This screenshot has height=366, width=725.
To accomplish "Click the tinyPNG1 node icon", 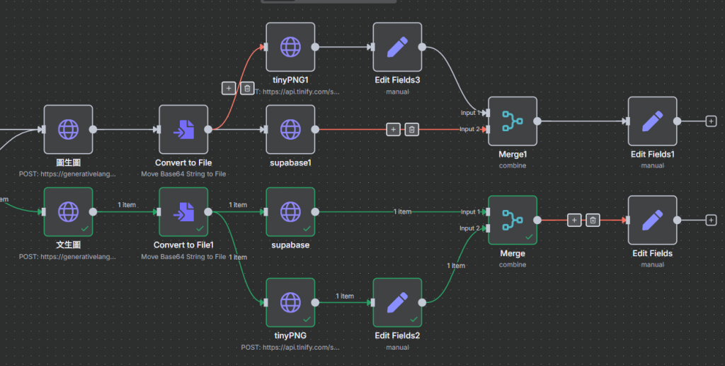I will point(290,47).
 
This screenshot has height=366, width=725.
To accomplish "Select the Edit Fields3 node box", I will point(397,47).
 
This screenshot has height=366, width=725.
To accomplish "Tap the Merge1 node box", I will point(513,121).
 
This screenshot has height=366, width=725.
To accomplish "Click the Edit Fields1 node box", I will point(652,121).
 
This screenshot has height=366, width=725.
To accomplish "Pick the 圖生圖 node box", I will point(68,129).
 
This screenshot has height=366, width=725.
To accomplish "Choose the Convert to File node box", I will point(183,129).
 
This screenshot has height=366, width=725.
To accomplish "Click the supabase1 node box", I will point(290,129).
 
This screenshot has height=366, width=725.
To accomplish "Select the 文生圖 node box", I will point(68,211).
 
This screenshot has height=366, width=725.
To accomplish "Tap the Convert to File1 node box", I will point(183,211).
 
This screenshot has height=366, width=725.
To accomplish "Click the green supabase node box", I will point(290,211).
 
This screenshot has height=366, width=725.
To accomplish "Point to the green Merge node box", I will point(513,220).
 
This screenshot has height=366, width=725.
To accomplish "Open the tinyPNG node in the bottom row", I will point(290,302).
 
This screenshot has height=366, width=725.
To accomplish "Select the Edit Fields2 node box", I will point(397,302).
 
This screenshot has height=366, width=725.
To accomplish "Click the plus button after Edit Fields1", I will point(711,121).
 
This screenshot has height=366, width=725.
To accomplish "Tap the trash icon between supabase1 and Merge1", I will point(411,130).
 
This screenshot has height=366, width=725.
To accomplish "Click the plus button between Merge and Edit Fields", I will point(574,220).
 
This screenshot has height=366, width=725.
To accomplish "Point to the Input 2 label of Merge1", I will point(470,129).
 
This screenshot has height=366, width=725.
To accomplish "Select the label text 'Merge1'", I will point(513,154).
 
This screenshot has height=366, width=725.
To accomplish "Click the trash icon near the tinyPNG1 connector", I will point(247,88).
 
